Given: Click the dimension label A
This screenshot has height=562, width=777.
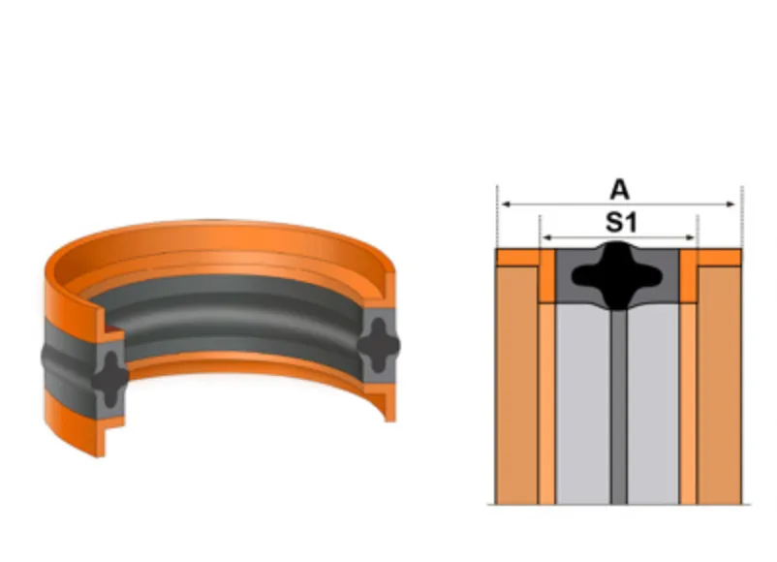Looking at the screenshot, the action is (619, 190).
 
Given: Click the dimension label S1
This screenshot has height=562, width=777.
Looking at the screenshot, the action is (621, 223).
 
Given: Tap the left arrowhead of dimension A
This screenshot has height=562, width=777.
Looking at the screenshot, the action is (506, 203).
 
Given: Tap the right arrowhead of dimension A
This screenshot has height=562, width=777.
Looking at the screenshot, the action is (730, 203).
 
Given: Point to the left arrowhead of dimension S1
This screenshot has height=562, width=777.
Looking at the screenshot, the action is (547, 238).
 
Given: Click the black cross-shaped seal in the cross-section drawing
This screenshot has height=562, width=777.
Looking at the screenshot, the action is (617, 275).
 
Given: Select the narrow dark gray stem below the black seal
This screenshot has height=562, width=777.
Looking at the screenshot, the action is (618, 406).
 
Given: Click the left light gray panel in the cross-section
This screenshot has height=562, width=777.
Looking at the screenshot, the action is (583, 404).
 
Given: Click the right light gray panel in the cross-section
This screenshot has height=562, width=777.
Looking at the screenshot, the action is (653, 404).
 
